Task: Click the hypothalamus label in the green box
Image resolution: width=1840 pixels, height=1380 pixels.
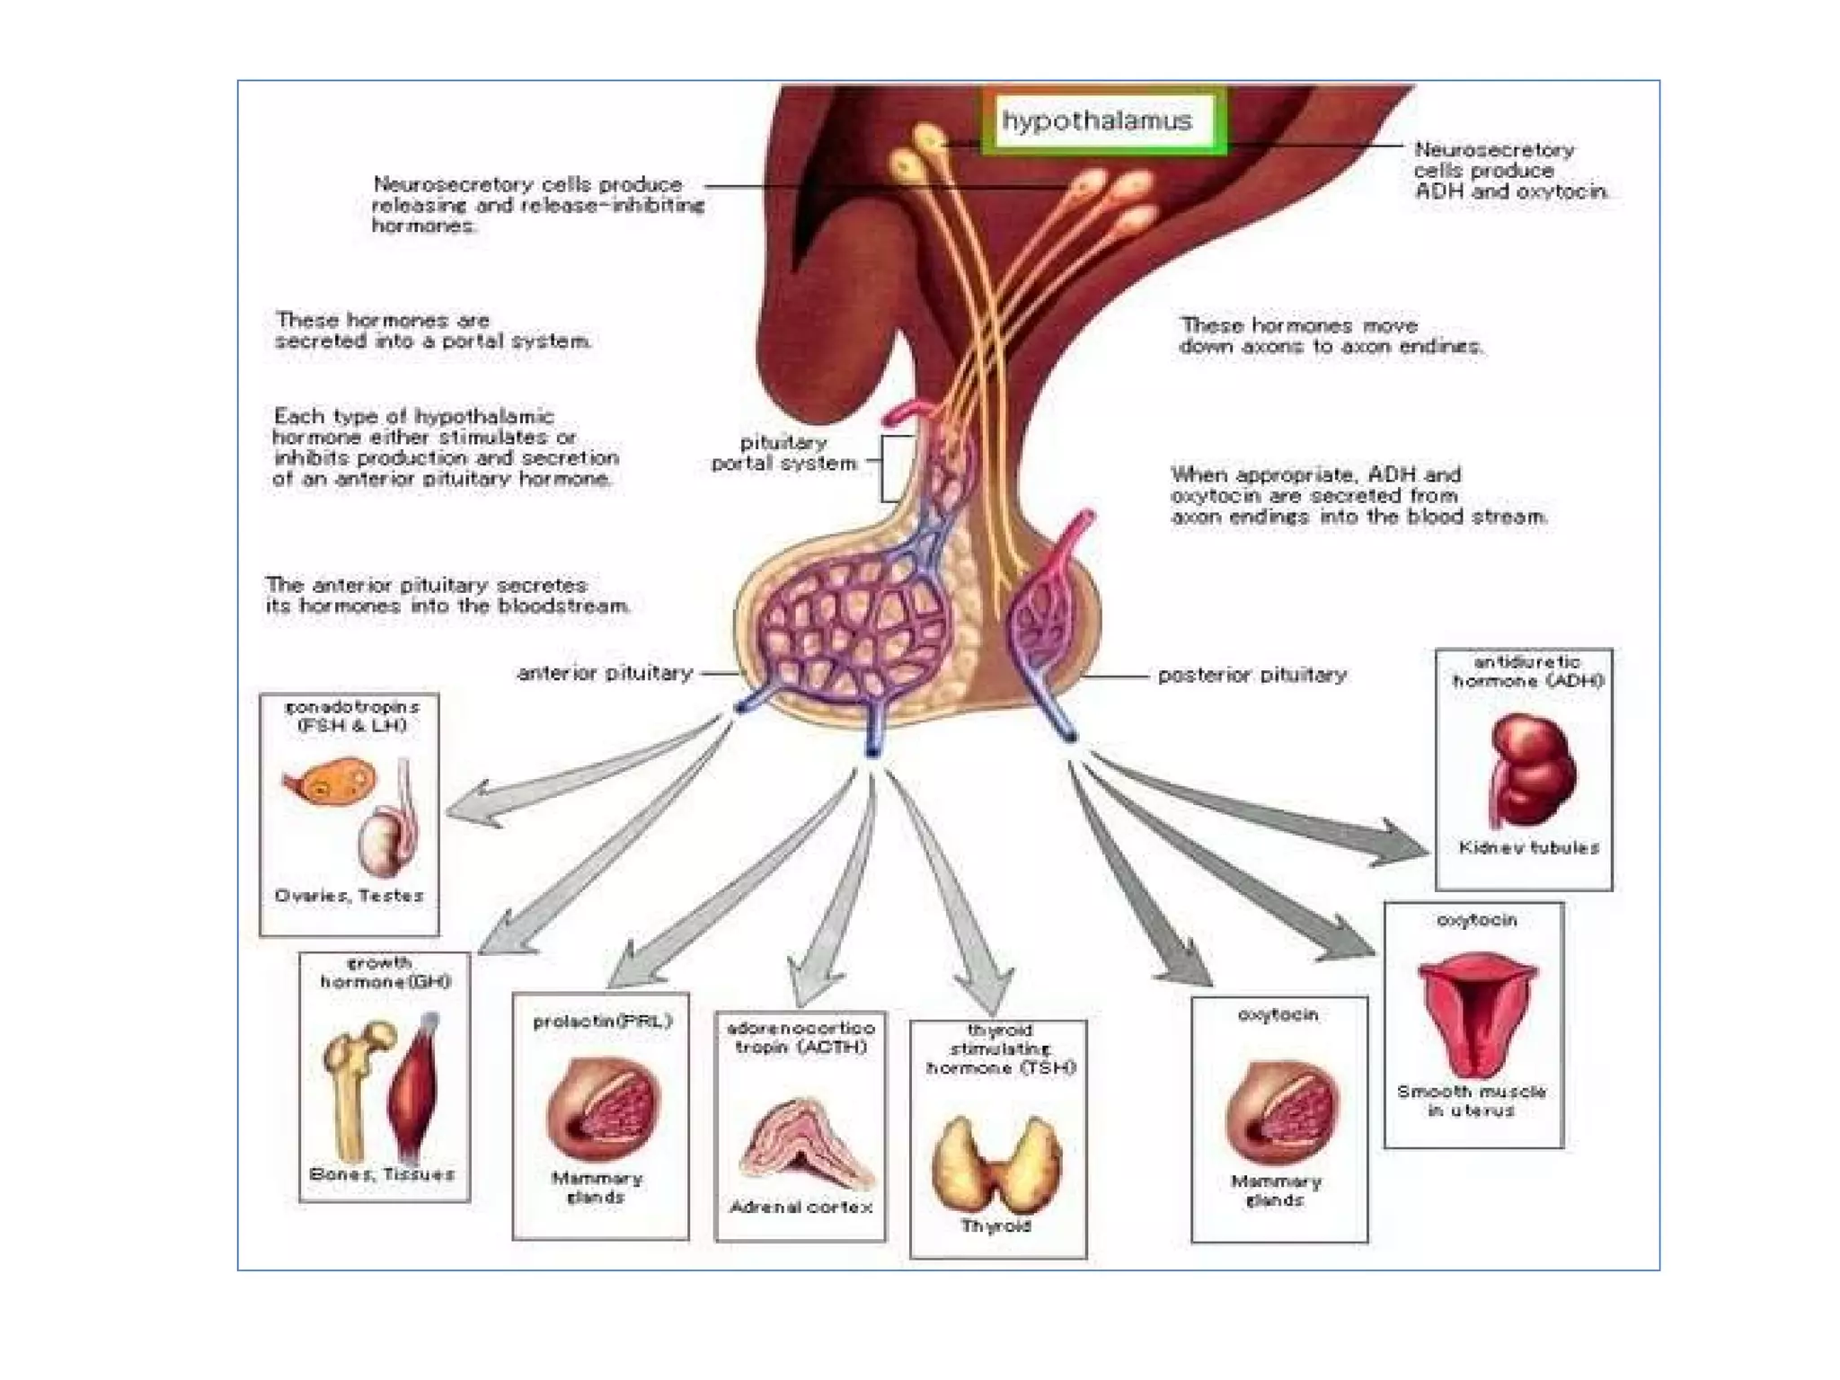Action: coord(1097,121)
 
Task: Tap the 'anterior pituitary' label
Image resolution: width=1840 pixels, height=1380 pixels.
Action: coord(605,673)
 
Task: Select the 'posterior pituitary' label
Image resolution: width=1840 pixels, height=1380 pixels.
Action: coord(1252,675)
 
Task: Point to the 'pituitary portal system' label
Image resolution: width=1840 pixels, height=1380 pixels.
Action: coord(784,454)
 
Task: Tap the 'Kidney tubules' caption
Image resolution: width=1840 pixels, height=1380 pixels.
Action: coord(1529,847)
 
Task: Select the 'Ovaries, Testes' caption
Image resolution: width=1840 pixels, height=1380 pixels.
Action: coord(349,896)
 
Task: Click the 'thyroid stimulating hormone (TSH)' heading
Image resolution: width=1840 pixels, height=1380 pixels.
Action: coord(1000,1048)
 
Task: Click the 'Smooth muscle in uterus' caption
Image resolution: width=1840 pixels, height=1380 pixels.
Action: coord(1472,1101)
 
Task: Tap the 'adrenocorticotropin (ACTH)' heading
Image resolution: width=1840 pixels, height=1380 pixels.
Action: coord(800,1038)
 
